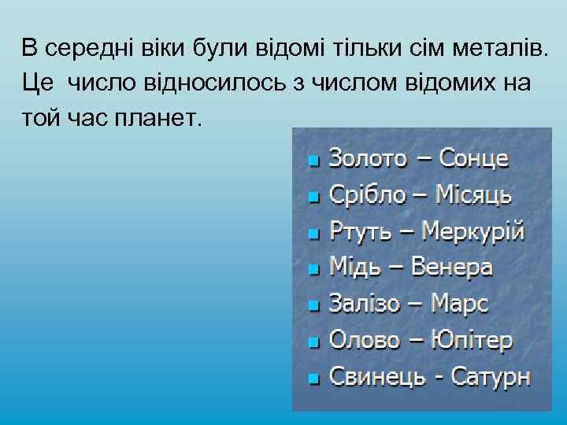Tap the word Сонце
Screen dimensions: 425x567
point(473,159)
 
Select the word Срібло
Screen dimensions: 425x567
point(365,195)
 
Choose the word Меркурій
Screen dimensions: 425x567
point(472,232)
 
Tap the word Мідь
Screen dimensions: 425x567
point(354,268)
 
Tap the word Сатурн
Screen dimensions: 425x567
point(488,377)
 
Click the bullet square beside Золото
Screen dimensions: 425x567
point(314,161)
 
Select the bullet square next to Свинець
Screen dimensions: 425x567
point(314,379)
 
